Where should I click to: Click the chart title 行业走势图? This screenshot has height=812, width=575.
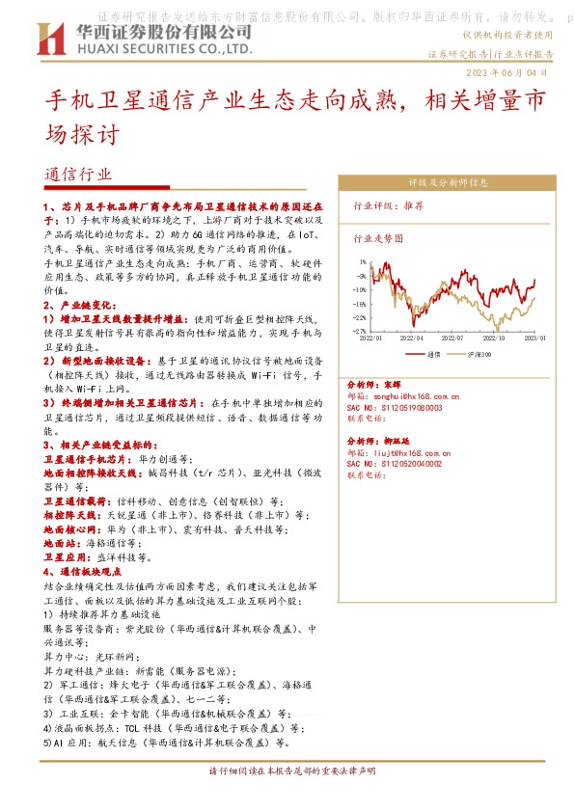(377, 237)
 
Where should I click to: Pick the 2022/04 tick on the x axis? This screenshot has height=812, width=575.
(411, 338)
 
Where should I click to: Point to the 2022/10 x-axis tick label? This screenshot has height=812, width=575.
(494, 338)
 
